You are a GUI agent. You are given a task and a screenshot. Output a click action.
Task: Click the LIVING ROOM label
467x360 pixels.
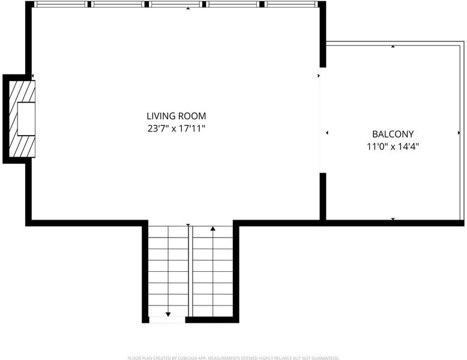(x=176, y=116)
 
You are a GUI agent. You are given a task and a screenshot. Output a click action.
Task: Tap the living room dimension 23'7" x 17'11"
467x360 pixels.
(x=176, y=128)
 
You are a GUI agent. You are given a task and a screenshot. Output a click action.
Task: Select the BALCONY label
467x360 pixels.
(x=393, y=134)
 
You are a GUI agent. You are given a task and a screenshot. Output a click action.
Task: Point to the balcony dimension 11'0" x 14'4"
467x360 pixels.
(x=393, y=146)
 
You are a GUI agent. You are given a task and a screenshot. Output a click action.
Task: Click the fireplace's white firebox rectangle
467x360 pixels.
(x=26, y=119)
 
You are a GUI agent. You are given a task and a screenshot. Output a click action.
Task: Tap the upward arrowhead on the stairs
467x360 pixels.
(x=212, y=229)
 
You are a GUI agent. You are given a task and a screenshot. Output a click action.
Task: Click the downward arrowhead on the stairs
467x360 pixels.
(x=168, y=314)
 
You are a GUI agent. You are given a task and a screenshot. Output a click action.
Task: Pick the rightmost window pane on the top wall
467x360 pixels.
(x=291, y=4)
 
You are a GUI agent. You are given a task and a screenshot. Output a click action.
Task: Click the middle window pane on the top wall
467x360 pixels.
(x=176, y=4)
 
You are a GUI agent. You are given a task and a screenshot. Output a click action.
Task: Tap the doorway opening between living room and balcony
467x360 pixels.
(x=323, y=120)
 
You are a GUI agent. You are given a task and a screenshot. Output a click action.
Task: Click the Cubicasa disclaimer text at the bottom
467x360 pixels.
(x=233, y=358)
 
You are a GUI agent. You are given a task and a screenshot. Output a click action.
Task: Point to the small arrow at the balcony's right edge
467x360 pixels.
(x=459, y=133)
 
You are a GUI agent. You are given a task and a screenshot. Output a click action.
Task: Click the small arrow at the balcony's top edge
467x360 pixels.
(x=393, y=46)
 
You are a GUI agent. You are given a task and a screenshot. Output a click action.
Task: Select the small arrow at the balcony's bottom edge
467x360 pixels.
(x=393, y=219)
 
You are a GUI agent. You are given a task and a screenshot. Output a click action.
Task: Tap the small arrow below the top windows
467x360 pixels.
(x=188, y=8)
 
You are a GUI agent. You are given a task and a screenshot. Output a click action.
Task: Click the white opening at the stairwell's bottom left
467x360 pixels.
(x=167, y=320)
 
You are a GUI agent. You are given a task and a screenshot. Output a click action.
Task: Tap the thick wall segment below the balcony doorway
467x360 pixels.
(x=323, y=197)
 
